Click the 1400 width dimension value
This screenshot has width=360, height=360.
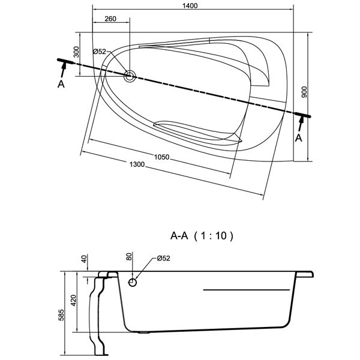tap(192, 6)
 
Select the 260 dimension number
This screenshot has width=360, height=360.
tap(110, 19)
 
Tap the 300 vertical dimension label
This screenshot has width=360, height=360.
tap(76, 52)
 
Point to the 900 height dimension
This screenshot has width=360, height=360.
tap(304, 92)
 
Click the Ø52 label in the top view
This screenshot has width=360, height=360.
tap(100, 52)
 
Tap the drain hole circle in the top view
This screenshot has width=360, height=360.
tap(130, 76)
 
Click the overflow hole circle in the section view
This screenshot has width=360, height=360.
tap(133, 282)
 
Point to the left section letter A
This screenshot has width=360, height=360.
tap(61, 85)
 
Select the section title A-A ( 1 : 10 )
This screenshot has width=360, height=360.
tap(201, 236)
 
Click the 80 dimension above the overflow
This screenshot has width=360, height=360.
tap(128, 259)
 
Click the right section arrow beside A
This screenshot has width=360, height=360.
tap(301, 123)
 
